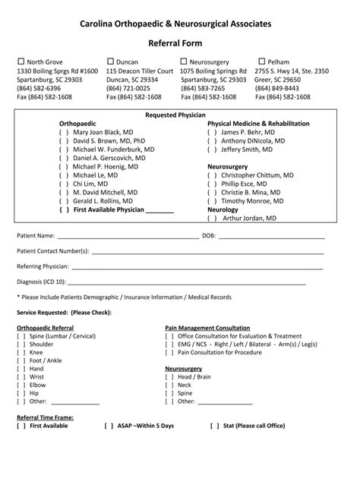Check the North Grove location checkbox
[x=21, y=61]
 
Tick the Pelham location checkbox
[x=262, y=61]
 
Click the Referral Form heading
[x=179, y=44]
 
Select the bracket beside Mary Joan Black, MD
[x=62, y=132]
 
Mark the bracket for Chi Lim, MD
[x=62, y=184]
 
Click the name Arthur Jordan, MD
[x=249, y=218]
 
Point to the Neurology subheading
[x=223, y=209]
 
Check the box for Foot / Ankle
[x=21, y=360]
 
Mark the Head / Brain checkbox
[x=169, y=376]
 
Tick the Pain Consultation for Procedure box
[x=169, y=352]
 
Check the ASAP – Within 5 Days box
[x=108, y=426]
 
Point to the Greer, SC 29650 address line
[x=278, y=80]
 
